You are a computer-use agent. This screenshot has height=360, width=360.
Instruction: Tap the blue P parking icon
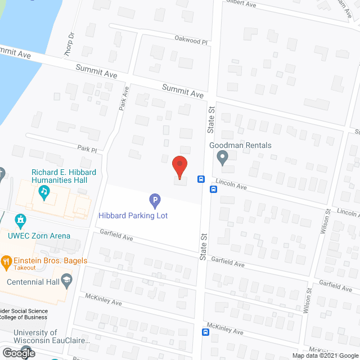(155, 200)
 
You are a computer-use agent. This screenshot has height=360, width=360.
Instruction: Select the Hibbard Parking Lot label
(133, 215)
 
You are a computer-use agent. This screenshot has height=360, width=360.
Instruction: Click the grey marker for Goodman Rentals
(223, 157)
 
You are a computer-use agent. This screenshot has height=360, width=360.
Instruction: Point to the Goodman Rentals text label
(241, 145)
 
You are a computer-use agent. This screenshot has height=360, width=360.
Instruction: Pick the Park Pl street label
(87, 150)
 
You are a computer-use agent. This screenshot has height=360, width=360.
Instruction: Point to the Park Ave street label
(124, 102)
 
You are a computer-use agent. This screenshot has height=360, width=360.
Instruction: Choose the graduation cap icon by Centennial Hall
(66, 280)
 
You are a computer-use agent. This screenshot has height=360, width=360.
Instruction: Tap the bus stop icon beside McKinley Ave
(206, 332)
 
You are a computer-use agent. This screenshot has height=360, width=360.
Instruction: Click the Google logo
(18, 353)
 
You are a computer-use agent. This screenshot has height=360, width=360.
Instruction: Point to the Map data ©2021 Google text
(325, 355)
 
